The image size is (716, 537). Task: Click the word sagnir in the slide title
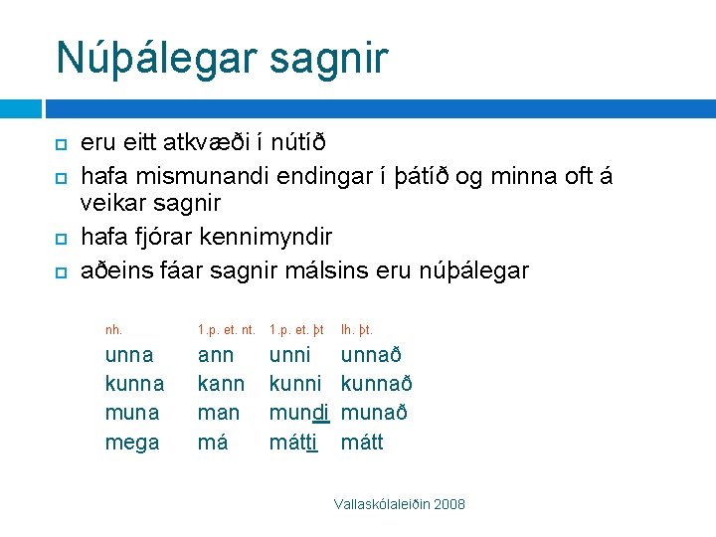pos(334,58)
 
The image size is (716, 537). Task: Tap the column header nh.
pos(114,329)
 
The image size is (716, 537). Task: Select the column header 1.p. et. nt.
pos(227,329)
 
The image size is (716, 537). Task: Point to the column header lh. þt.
pos(357,329)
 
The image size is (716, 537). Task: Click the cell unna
pos(129,355)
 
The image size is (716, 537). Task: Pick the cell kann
pos(222,384)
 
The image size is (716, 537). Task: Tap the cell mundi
pos(299,413)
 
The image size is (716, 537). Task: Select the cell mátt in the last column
pos(362,443)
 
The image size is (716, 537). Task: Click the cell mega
pos(132,443)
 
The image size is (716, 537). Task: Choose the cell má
pos(213,443)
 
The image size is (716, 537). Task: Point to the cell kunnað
pos(377,384)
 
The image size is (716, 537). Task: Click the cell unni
pos(290,355)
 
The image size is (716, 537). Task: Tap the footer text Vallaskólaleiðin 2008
pos(400,505)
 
